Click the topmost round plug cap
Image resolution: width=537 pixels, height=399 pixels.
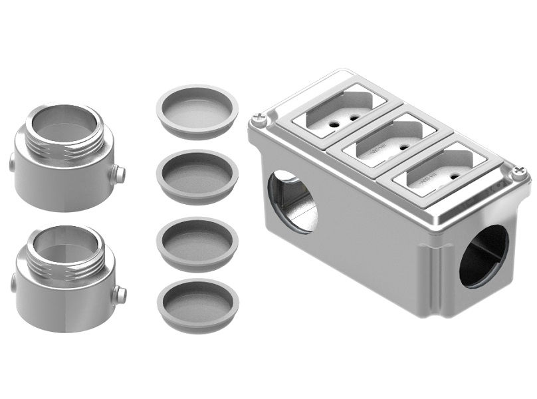(x=197, y=110)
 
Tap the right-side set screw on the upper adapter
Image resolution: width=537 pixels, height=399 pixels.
(x=119, y=174)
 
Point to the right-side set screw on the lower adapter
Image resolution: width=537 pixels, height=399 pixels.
(x=120, y=293)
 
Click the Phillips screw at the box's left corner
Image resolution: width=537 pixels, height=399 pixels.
(x=258, y=121)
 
